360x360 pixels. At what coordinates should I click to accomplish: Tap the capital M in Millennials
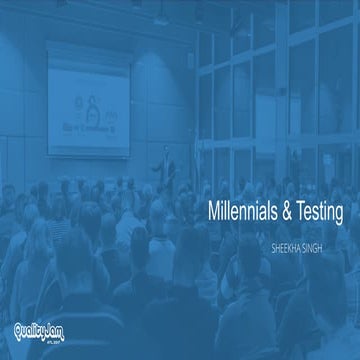[x=211, y=212]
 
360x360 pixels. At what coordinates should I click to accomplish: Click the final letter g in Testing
[x=338, y=214]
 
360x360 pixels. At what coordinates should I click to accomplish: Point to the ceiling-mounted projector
[x=161, y=19]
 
